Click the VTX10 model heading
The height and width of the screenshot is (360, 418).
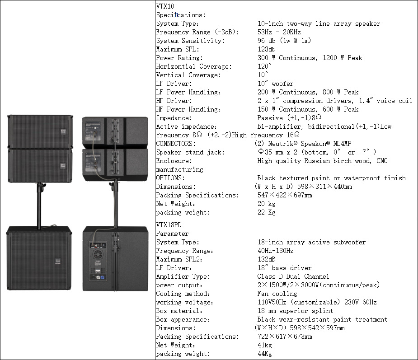point(165,6)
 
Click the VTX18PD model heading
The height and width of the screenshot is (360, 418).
point(169,225)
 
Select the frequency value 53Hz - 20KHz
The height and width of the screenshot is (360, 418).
point(279,32)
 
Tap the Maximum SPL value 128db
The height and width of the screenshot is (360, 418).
point(267,49)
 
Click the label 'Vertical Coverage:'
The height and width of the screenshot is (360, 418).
point(188,75)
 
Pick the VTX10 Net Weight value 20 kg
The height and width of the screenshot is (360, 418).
point(267,204)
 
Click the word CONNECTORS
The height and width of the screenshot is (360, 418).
point(176,144)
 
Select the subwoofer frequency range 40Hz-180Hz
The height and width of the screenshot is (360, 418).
point(276,251)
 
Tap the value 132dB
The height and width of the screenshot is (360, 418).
point(267,259)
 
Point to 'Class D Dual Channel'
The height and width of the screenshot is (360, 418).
point(293,276)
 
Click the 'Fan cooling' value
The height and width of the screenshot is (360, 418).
point(277,294)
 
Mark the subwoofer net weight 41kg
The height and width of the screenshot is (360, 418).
point(265,345)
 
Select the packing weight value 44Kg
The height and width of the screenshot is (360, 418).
point(265,354)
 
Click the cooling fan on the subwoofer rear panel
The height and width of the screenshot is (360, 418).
point(98,254)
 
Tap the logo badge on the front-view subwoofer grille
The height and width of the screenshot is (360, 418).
point(58,261)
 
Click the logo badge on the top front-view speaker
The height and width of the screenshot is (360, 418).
point(63,132)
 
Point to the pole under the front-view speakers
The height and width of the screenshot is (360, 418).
point(39,205)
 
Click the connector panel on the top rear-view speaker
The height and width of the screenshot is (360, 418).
point(93,131)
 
